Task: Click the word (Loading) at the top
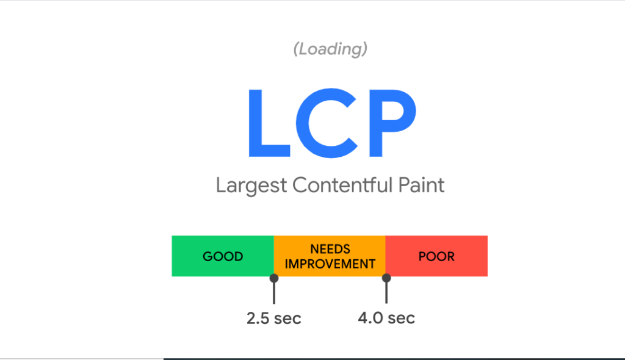pos(330,49)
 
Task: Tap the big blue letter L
pos(269,123)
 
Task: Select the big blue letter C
pos(327,123)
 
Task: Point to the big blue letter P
pos(392,123)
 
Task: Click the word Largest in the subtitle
pos(251,185)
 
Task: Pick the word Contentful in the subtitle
pos(342,185)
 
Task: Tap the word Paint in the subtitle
pos(421,185)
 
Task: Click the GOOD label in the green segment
pos(223,256)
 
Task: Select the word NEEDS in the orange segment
pos(330,249)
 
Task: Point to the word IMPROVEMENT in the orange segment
pos(330,264)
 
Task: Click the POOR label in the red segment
pos(436,256)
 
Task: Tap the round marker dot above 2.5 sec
pos(274,278)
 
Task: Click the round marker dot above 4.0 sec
pos(386,278)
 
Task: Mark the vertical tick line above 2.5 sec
pos(274,293)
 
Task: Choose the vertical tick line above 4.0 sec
pos(386,293)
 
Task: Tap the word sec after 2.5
pos(288,320)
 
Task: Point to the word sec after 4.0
pos(402,319)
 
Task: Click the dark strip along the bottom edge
pos(394,359)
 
